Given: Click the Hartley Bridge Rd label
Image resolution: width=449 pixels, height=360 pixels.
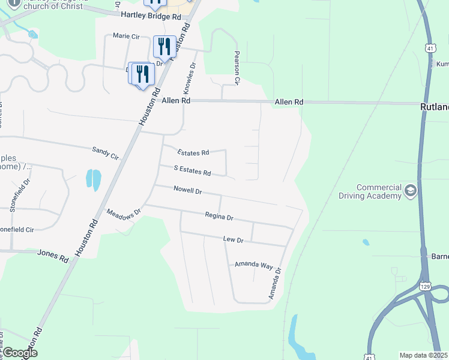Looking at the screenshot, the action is pos(151,17).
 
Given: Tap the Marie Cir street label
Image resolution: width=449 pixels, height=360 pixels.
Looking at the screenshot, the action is pos(126,37).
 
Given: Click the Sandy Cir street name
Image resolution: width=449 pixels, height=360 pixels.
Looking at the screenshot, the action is pos(106,153).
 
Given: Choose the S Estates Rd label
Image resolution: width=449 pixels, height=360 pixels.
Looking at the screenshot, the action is pos(192,172).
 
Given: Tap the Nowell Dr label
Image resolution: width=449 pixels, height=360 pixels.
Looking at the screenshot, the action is pos(187,191).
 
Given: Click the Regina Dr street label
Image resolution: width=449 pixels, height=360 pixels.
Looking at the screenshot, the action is pos(218,215).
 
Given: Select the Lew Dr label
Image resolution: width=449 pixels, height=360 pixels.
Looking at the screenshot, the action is pos(233,239).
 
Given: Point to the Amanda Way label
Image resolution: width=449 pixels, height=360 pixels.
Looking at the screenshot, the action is pos(253,265).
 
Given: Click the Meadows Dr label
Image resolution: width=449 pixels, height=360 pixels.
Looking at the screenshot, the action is pos(123,212).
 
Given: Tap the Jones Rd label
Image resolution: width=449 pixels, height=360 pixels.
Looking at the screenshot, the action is pos(53,256).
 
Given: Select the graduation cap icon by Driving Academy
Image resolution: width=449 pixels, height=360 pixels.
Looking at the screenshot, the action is pos(411,191).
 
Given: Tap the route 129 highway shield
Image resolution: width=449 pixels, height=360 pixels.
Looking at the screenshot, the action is pos(425,286).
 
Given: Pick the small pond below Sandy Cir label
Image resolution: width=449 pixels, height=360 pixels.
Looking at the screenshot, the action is pos(93,178).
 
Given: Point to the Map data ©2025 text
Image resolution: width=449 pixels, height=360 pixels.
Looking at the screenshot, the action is pos(424,355).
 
